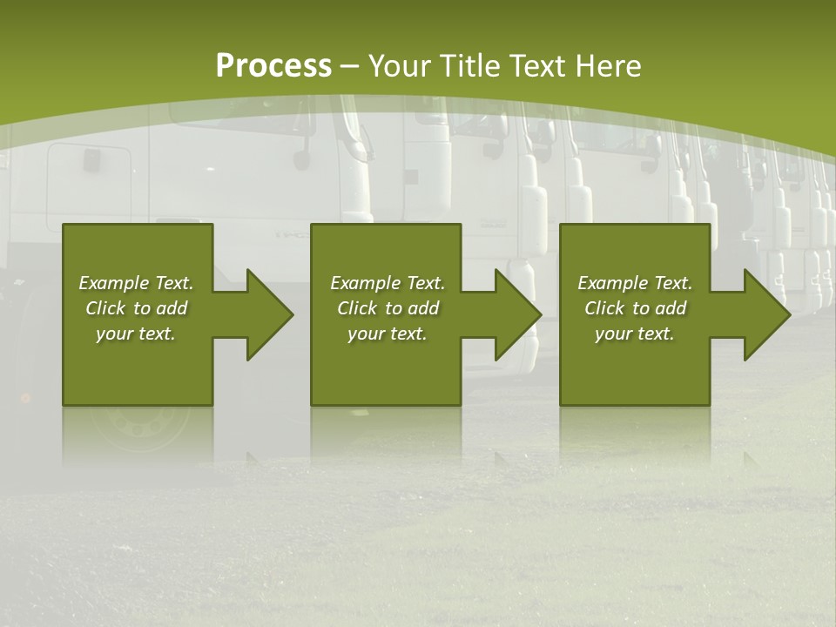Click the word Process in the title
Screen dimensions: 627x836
pos(273,66)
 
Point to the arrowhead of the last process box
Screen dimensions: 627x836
pos(765,314)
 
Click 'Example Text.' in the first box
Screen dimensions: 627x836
pos(136,283)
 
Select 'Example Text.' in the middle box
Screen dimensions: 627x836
pos(388,283)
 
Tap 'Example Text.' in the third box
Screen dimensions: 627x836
pos(635,283)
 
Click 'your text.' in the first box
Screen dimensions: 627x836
pos(136,334)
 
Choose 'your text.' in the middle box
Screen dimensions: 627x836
pos(388,334)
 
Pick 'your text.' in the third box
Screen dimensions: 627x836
pos(635,334)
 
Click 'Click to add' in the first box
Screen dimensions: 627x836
pos(136,308)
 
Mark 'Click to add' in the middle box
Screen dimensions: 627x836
pos(388,308)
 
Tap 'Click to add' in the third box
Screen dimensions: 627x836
pos(635,308)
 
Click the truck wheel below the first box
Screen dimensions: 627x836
pos(139,426)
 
